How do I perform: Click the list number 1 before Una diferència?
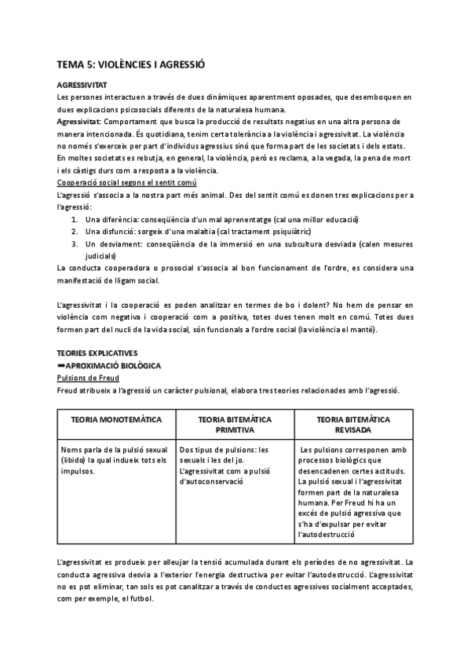74,220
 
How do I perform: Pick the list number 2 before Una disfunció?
74,232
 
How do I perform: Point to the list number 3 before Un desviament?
74,244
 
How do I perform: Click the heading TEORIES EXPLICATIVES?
98,354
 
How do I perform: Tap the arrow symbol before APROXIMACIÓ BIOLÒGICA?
61,366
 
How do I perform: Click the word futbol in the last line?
146,597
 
